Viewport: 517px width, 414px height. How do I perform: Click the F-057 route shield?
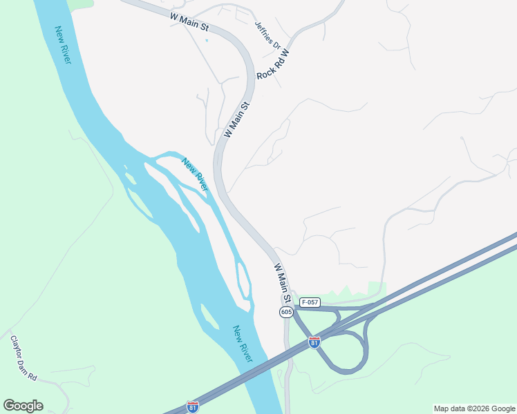[310, 302]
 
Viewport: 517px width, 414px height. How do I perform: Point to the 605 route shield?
[287, 313]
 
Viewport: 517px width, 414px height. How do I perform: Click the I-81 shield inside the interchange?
[314, 342]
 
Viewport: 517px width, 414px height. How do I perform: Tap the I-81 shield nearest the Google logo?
[193, 406]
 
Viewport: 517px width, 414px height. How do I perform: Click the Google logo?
[23, 406]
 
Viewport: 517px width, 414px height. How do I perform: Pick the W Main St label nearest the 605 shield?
[281, 283]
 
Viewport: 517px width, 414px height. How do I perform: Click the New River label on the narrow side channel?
[195, 175]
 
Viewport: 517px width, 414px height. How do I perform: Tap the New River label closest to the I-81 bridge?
[243, 344]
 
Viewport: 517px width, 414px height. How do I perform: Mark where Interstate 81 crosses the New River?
[266, 373]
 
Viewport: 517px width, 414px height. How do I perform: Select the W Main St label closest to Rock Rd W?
[236, 119]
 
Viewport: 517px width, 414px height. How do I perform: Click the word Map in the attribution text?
[443, 408]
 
